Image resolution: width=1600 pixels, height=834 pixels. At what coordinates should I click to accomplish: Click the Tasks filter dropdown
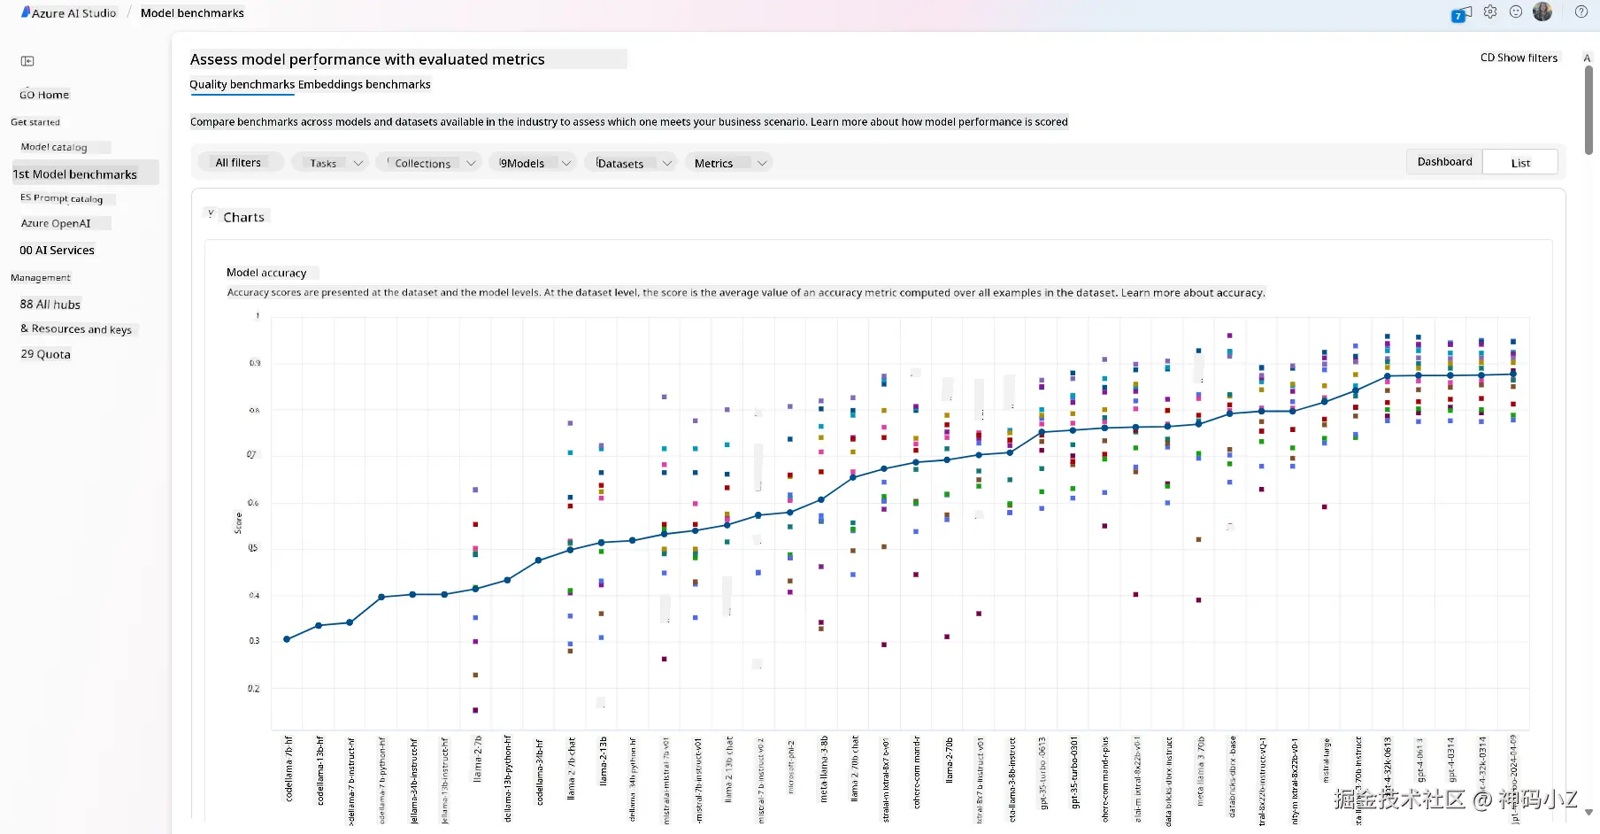[x=330, y=163]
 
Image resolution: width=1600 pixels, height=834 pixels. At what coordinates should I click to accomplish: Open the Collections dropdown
[x=429, y=163]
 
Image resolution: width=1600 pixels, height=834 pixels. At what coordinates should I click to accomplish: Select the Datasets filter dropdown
[x=629, y=163]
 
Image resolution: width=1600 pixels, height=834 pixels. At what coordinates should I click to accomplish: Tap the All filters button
[x=238, y=163]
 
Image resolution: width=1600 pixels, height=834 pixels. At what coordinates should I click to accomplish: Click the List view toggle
[x=1520, y=163]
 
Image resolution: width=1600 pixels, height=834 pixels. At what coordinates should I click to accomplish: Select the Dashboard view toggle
[x=1444, y=162]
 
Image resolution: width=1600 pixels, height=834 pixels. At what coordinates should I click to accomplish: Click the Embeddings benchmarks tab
[x=365, y=85]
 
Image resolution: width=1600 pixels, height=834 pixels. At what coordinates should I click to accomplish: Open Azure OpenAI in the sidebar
[x=56, y=224]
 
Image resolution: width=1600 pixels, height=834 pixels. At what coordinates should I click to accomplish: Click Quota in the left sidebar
[x=46, y=354]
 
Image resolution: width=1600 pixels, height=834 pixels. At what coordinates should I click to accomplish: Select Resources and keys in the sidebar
[x=77, y=329]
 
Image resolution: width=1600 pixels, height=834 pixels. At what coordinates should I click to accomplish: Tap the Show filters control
[x=1519, y=58]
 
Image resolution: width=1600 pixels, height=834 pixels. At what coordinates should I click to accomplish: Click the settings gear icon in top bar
[x=1490, y=12]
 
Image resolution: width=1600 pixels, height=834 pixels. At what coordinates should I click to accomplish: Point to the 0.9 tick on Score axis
[x=255, y=363]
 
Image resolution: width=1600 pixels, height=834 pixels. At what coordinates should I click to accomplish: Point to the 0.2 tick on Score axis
[x=254, y=689]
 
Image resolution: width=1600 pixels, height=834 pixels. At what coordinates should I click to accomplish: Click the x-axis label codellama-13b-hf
[x=320, y=770]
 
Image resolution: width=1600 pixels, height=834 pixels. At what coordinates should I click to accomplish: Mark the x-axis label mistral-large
[x=1326, y=761]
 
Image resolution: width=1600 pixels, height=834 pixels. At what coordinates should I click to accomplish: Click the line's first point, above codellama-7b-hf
[x=287, y=639]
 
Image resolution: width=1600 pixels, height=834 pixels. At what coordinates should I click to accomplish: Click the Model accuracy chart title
[x=266, y=273]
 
